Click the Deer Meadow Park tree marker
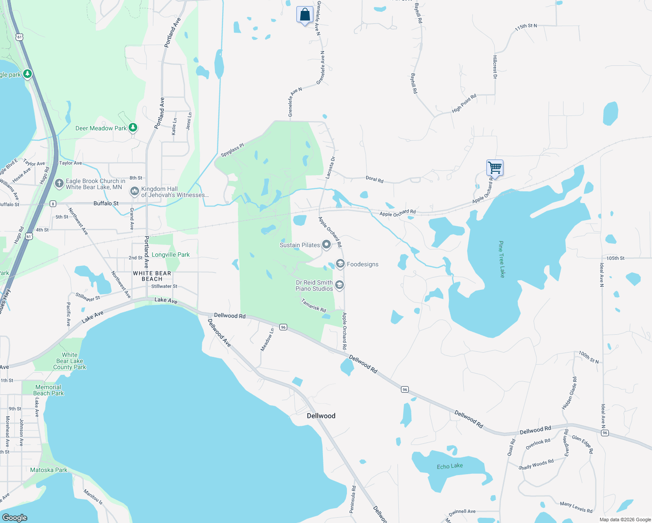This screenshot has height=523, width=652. click(133, 128)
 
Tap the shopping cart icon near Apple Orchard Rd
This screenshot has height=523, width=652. click(495, 167)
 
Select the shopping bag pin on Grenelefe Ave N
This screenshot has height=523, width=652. click(305, 14)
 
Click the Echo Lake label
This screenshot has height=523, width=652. click(450, 466)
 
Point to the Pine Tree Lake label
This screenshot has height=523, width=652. click(501, 259)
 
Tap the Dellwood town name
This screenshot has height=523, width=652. click(321, 416)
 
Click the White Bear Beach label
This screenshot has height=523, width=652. click(152, 276)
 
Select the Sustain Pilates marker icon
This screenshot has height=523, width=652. click(326, 245)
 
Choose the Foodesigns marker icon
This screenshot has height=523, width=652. click(340, 264)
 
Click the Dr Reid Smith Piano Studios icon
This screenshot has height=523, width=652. click(340, 285)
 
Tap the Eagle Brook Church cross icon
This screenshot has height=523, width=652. click(59, 183)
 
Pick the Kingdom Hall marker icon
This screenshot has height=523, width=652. click(135, 191)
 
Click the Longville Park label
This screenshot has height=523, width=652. click(170, 255)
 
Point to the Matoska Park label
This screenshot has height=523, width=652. click(49, 470)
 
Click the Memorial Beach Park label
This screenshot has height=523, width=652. click(48, 390)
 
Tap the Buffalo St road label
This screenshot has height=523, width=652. click(106, 204)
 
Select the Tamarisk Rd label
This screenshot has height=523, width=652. click(313, 305)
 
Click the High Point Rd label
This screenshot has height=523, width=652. click(464, 103)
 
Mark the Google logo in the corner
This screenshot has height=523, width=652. click(14, 517)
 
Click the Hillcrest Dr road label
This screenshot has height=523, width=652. click(495, 67)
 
